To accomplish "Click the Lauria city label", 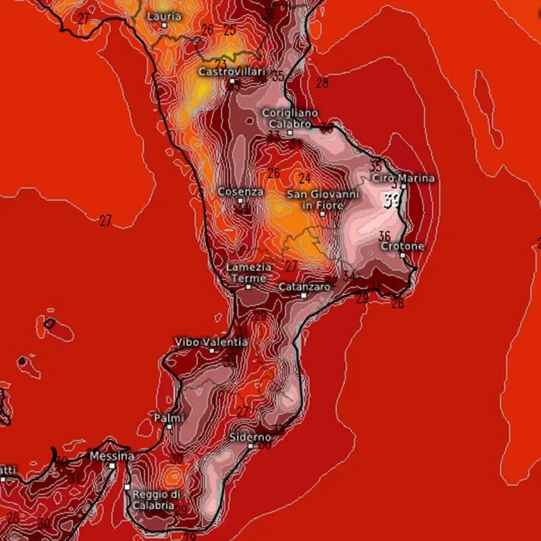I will [164, 16].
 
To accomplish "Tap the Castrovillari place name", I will [232, 72].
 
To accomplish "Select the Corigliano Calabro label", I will [289, 118].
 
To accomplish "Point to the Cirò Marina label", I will [404, 178].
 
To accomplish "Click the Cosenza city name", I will [241, 191].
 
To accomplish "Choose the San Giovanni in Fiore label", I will [323, 199].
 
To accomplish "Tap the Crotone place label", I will [402, 246].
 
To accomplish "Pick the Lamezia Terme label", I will [248, 272].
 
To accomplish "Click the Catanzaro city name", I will [304, 287].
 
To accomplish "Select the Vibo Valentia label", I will [211, 342].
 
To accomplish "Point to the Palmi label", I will [169, 418].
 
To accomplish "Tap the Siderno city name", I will [250, 437].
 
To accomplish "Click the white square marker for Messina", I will [112, 465].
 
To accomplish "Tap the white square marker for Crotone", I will [402, 255].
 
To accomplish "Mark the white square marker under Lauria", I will [164, 25].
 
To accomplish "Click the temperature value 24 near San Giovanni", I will [304, 178].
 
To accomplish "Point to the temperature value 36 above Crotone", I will [384, 236].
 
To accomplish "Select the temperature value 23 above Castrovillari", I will [221, 64].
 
